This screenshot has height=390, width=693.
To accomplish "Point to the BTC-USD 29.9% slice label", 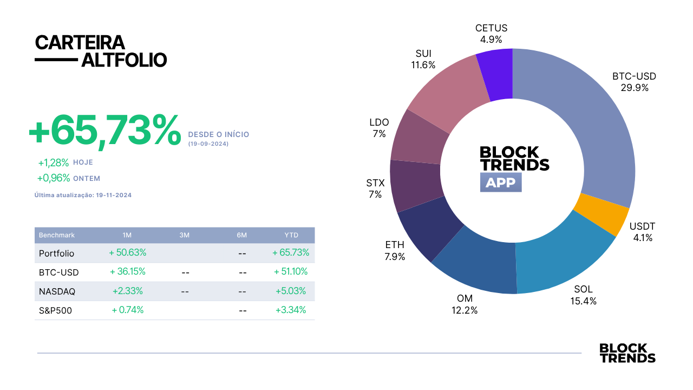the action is (x=634, y=82).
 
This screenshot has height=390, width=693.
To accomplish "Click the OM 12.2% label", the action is (x=465, y=304).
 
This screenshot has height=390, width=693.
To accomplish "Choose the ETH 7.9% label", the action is (x=395, y=251).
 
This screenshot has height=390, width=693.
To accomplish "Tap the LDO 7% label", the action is (x=379, y=128).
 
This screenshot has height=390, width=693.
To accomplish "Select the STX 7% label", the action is (x=375, y=188).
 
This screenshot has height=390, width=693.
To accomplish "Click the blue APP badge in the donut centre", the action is (x=501, y=183).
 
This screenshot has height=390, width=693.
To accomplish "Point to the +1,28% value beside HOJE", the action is (x=53, y=162).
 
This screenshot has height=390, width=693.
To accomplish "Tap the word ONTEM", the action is (x=87, y=179).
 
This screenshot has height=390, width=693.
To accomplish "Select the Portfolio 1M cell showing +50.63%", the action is (x=127, y=252).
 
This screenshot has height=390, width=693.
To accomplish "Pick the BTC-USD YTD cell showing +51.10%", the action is (x=291, y=271).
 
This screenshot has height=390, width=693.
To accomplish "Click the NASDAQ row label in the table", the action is (x=57, y=291).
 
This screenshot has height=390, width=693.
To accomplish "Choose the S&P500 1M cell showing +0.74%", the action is (x=127, y=310).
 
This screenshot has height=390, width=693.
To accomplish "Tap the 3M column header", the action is (x=185, y=235).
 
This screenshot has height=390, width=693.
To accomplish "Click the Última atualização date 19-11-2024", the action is (x=114, y=196).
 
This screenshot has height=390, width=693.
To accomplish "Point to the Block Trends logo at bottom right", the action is (x=627, y=353).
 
